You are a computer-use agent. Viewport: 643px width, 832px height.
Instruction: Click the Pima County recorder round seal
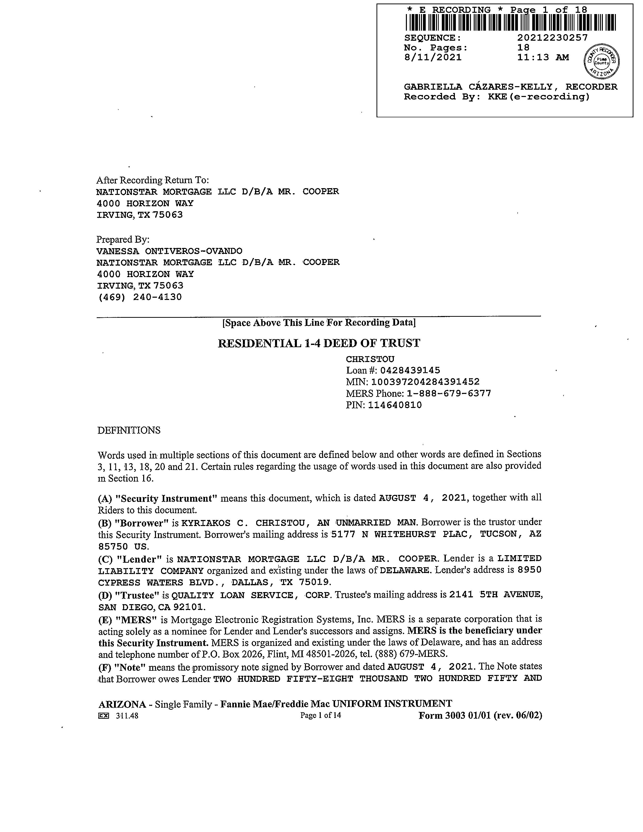tap(602, 61)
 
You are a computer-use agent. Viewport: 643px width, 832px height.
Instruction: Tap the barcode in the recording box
tap(510, 22)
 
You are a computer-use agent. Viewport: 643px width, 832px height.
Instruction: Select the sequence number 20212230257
tap(552, 38)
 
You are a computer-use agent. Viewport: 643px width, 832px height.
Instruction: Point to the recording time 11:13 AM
tap(543, 58)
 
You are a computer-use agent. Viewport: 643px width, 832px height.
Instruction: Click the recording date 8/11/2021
tap(433, 58)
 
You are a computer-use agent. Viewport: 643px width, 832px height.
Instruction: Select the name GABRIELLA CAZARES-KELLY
tap(478, 87)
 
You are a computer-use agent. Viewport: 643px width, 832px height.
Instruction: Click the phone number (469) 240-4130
tap(140, 297)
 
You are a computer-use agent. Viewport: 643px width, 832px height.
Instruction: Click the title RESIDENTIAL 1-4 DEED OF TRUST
tap(319, 343)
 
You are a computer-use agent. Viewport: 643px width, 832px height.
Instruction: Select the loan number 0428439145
tap(410, 370)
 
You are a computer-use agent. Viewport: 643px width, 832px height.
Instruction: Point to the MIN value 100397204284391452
tap(425, 382)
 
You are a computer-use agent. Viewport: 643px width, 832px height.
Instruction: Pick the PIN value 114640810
tap(395, 405)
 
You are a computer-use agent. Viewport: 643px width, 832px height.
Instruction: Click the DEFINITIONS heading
tap(129, 431)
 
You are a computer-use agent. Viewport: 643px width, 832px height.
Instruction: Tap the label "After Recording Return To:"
tap(152, 180)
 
